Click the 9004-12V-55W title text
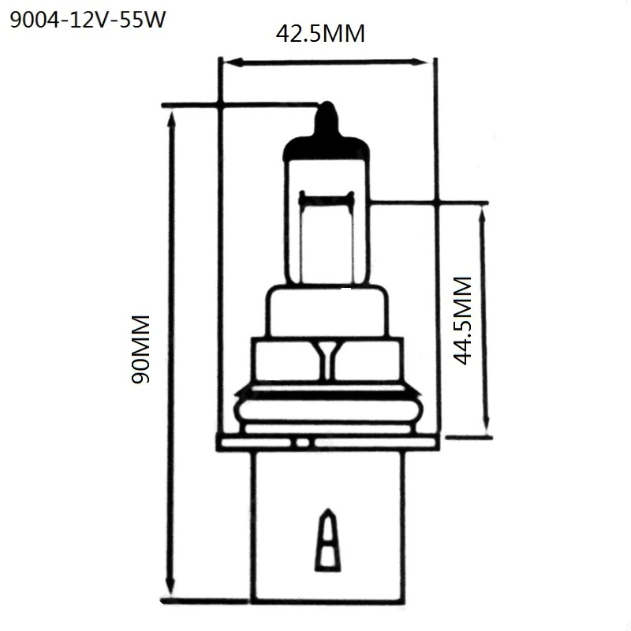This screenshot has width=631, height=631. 87,19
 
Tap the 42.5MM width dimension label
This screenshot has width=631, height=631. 320,35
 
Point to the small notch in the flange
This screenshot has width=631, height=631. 301,444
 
